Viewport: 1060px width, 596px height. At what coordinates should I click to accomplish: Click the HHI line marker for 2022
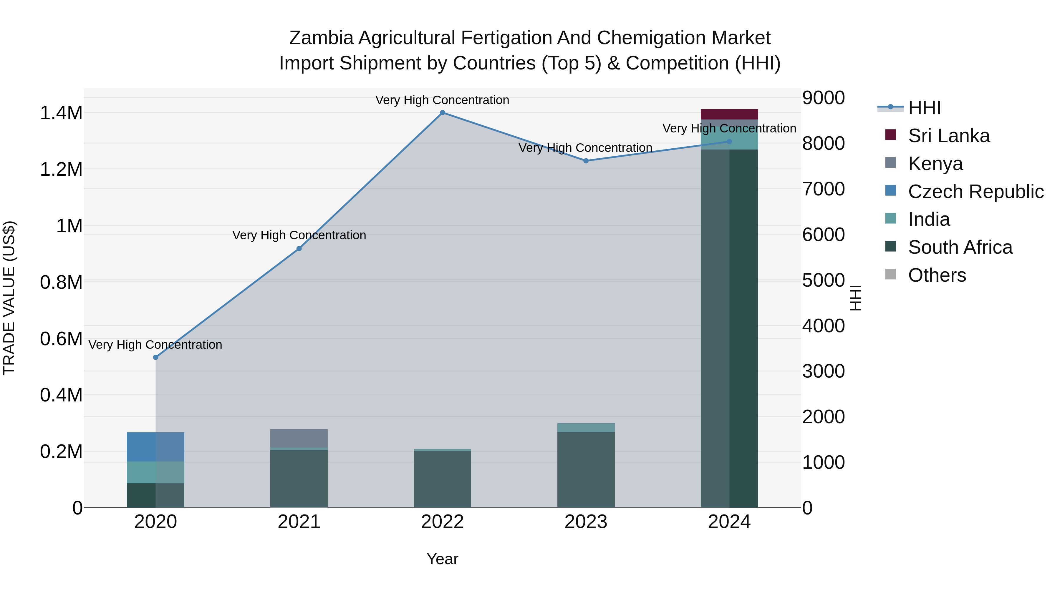(442, 112)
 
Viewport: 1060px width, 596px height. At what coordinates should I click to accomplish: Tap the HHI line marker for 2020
(155, 357)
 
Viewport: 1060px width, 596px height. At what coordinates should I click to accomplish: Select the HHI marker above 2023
(586, 161)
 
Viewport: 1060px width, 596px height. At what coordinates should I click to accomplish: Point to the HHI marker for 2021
(299, 248)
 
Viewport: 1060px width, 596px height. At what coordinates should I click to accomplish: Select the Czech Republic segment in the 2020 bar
(155, 447)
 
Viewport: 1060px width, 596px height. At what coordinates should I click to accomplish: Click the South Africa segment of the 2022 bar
(442, 479)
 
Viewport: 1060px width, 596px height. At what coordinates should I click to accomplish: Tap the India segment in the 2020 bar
(155, 472)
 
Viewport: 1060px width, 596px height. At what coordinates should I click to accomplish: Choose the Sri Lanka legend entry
(948, 135)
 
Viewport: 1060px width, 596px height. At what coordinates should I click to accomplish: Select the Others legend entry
(937, 275)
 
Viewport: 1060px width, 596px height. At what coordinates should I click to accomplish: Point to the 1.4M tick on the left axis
(61, 113)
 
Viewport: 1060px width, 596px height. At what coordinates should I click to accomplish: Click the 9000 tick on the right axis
(823, 98)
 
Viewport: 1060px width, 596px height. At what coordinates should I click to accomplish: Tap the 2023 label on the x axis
(586, 522)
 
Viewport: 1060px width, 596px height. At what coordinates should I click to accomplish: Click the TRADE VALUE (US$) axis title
(9, 298)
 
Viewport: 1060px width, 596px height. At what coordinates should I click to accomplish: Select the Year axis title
(442, 559)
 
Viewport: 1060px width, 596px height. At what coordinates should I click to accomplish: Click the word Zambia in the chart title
(321, 38)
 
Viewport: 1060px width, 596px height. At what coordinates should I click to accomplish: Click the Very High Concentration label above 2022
(442, 100)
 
